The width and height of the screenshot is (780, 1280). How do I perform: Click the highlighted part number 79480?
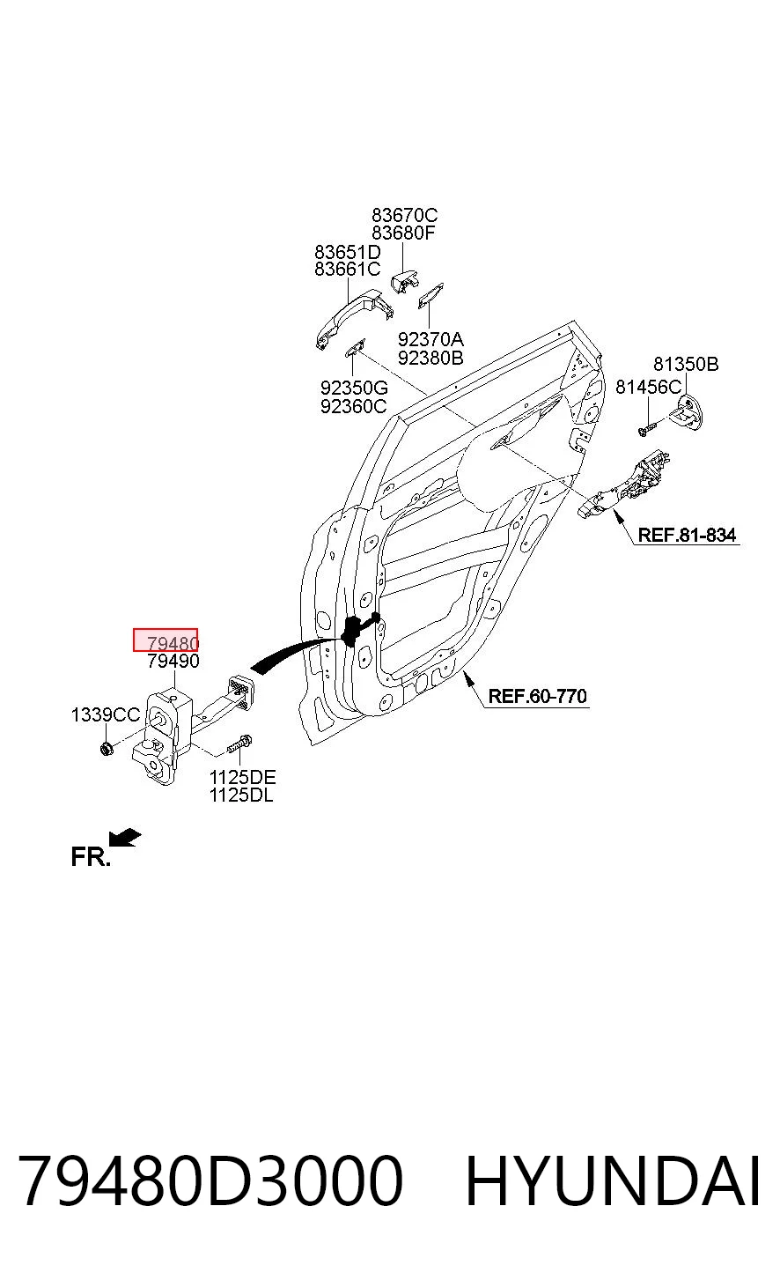pos(173,643)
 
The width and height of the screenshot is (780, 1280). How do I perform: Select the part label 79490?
pos(173,662)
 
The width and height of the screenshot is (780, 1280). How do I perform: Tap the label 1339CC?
pos(106,714)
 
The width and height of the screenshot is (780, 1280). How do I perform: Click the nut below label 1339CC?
pos(107,748)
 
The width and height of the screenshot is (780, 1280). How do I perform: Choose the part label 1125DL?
pos(241,795)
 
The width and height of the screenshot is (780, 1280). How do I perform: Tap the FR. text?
pos(90,857)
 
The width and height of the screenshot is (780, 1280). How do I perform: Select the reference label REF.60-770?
pos(537,696)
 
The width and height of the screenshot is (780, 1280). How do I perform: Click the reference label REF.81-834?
pos(687,536)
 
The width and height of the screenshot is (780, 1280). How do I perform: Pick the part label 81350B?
pos(686,364)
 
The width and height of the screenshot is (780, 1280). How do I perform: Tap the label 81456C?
pos(648,388)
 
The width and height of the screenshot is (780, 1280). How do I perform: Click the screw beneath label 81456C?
pos(648,428)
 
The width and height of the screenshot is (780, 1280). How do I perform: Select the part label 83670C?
pos(405,216)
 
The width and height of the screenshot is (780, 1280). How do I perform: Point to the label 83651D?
pos(347,252)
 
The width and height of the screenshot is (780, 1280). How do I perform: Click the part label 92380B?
pos(430,359)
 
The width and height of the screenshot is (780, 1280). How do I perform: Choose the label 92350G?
pos(354,388)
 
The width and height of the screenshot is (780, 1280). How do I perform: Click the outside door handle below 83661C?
pos(354,319)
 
